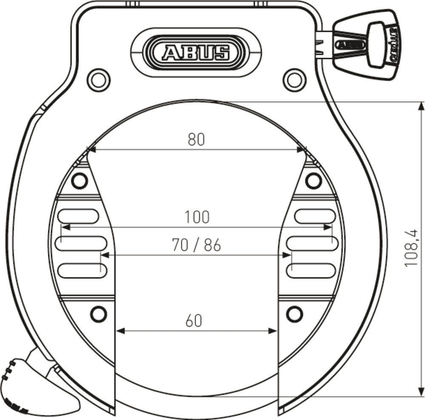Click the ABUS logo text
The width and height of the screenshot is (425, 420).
(x=195, y=53)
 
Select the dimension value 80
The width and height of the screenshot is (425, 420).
(x=196, y=139)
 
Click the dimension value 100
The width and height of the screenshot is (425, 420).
(x=197, y=217)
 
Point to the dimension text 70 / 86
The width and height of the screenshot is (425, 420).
(x=196, y=245)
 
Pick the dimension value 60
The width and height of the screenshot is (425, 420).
(x=194, y=321)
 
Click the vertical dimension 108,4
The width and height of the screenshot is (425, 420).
(x=412, y=248)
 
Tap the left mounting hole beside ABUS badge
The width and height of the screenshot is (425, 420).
(x=99, y=79)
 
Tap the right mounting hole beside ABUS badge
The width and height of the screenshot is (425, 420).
(x=295, y=79)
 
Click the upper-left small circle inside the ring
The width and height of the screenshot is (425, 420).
(x=79, y=181)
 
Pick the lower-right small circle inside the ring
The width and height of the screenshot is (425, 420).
(x=294, y=314)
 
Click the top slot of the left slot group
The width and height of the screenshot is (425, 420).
(x=79, y=216)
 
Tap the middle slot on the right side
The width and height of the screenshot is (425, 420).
(x=312, y=243)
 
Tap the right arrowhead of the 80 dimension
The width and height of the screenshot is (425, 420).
(x=303, y=149)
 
